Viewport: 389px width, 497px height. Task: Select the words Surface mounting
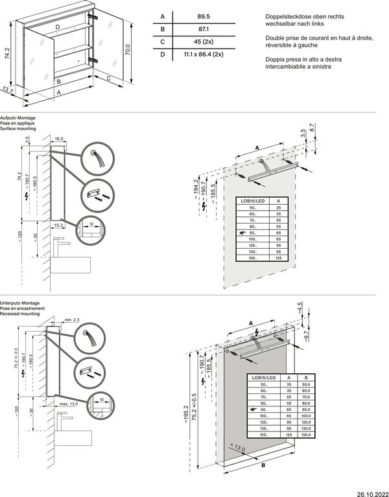[18, 129]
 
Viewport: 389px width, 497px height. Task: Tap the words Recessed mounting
[19, 314]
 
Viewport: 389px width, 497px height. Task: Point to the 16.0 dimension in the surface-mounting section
[59, 139]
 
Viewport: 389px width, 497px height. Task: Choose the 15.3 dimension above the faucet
[59, 224]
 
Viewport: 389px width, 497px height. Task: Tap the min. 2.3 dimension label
[72, 320]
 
